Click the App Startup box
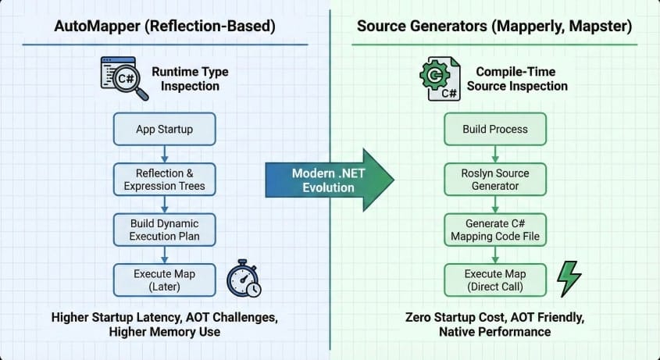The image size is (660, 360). [164, 129]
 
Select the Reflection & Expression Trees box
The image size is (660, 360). [164, 180]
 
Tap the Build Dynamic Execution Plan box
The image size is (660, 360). [164, 230]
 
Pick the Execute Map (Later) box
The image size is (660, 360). [164, 280]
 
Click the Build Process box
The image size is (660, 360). [494, 129]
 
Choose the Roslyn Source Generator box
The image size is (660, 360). [494, 180]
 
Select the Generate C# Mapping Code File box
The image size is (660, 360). [494, 230]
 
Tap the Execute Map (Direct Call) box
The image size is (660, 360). [494, 280]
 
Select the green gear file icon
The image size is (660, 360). [438, 78]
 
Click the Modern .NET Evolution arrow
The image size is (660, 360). [329, 180]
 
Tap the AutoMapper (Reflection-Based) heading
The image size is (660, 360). [164, 26]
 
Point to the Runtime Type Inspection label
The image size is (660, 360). [191, 79]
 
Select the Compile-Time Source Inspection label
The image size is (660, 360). [517, 79]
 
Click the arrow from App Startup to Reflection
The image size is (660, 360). [164, 154]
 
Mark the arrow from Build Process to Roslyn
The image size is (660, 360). [494, 154]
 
